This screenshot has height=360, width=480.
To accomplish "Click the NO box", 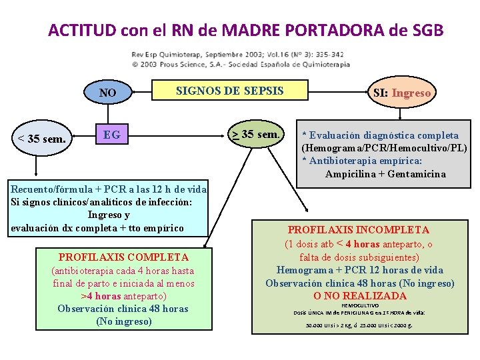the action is pos(107,93).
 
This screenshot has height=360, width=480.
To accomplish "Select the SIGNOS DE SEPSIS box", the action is pos(229,91).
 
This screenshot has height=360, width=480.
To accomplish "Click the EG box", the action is pos(112,135).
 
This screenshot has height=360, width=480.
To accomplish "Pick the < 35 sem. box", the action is pos(41,139).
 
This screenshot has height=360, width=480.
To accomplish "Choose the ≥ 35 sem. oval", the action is pos(255,135).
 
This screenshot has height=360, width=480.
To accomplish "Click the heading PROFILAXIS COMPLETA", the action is pos(123,257).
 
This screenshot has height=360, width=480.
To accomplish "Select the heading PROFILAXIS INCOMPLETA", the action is pos(359,230).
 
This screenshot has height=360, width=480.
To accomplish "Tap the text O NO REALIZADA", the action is pos(359,296).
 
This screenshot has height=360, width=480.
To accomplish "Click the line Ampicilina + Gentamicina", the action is pos(385,174).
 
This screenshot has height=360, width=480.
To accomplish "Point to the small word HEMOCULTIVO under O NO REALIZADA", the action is pos(359,305).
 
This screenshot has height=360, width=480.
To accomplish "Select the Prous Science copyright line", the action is pos(239,64).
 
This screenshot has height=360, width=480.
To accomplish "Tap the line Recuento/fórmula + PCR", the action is pos(109,190).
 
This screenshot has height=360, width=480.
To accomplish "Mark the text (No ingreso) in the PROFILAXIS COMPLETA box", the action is pos(123,321).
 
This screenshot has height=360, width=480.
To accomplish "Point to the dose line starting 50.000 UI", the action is pos(359,325).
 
